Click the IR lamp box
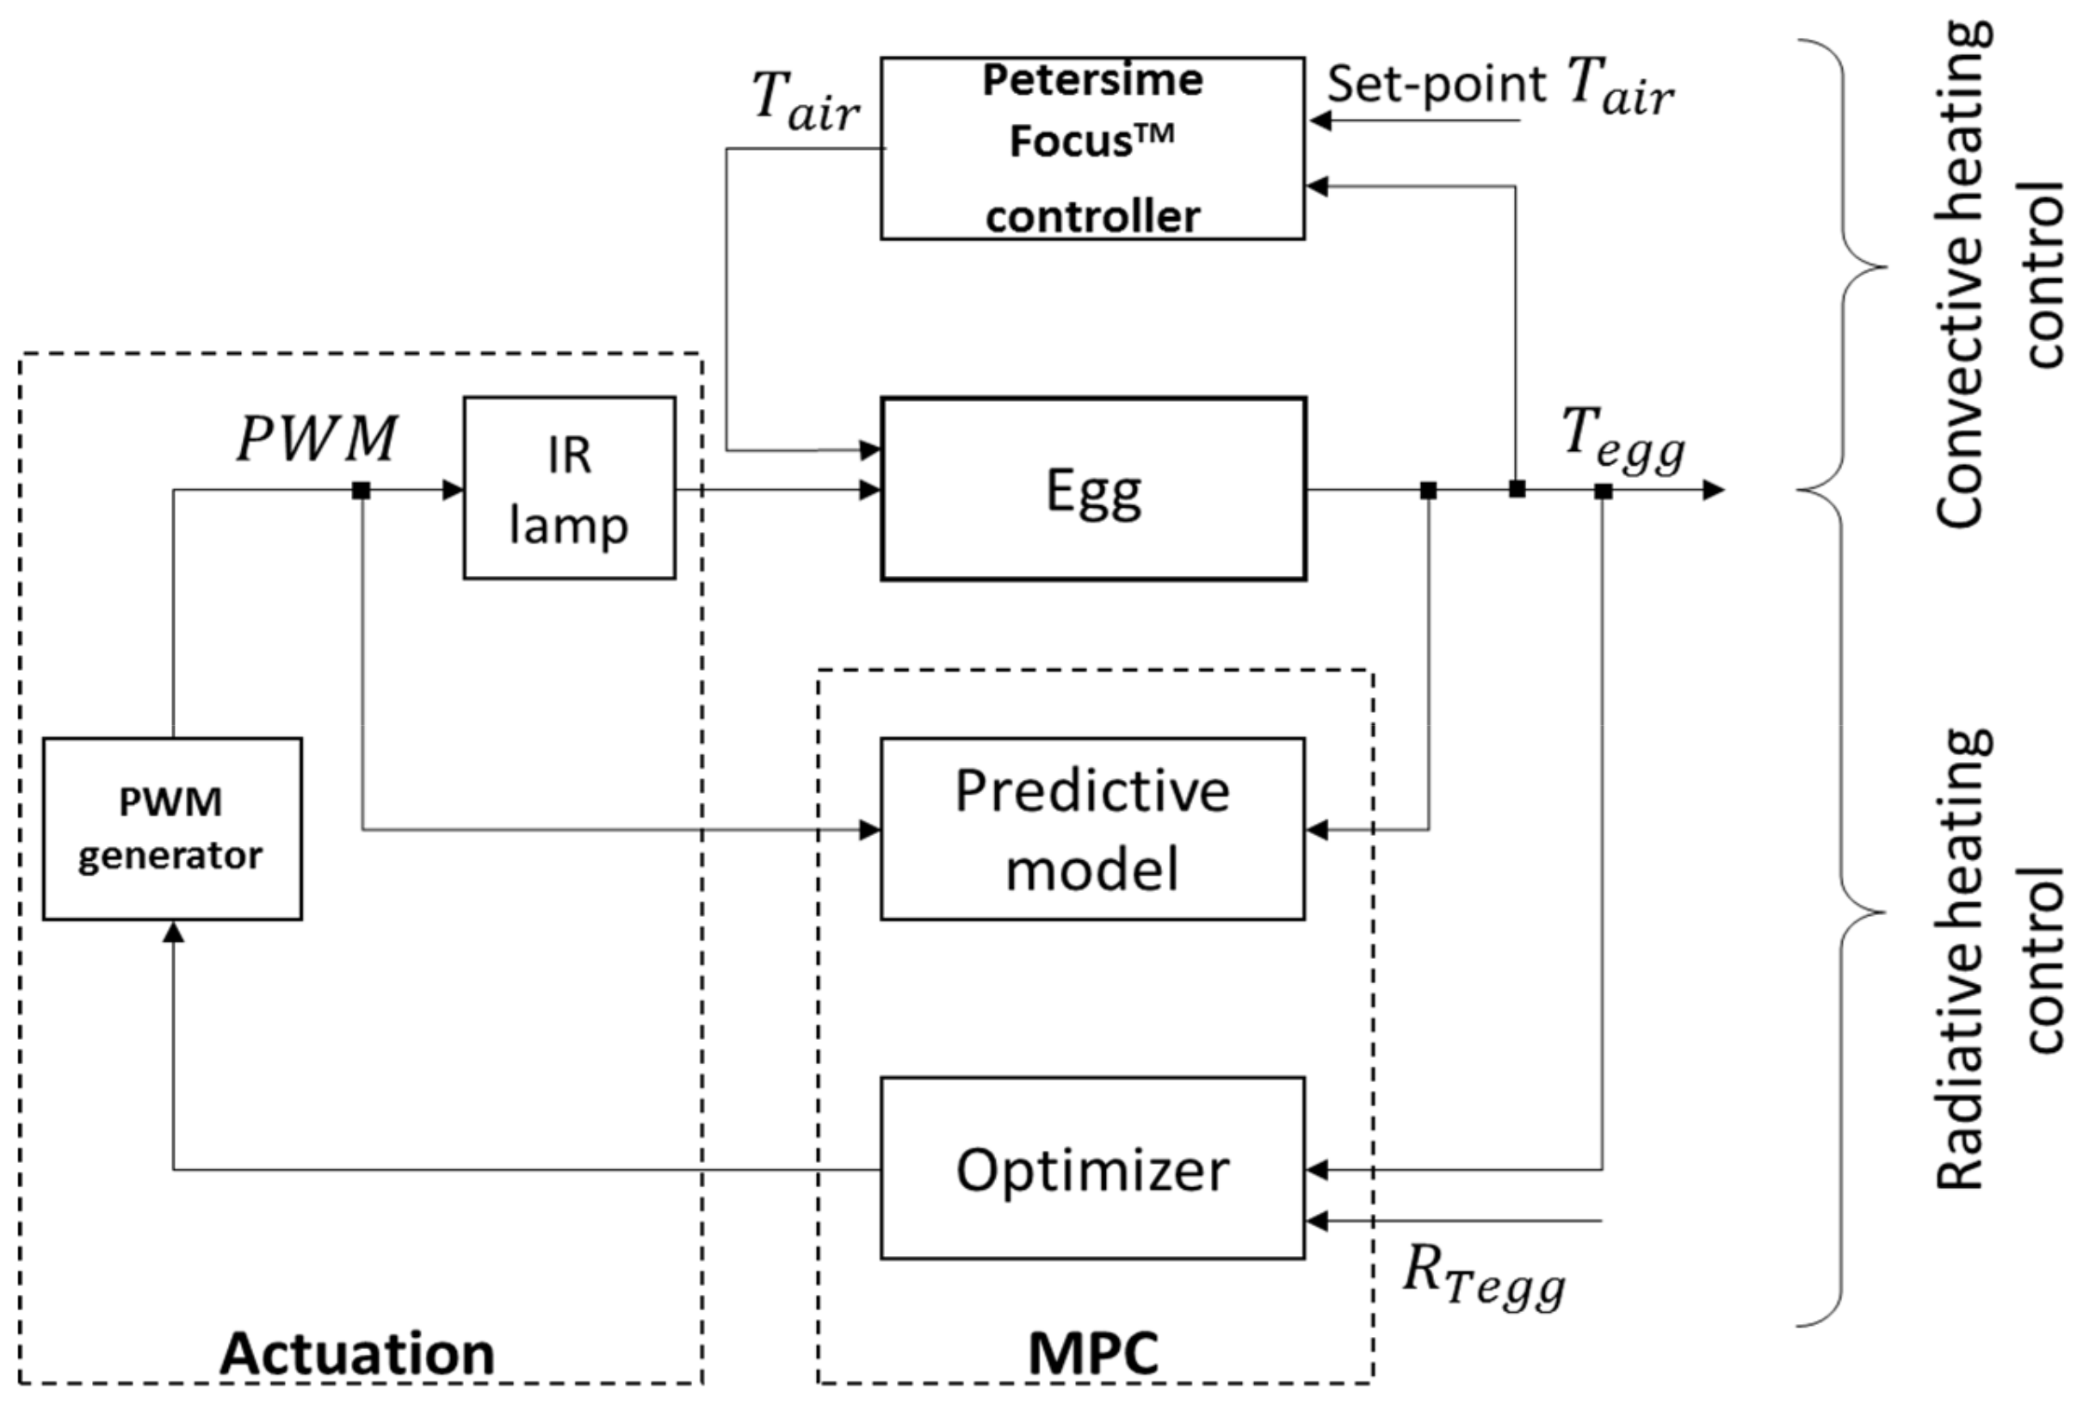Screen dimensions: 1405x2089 coord(569,488)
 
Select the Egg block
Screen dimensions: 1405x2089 coord(1093,489)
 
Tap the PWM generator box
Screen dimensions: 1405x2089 coord(172,829)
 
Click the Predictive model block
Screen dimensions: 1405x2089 coord(1092,829)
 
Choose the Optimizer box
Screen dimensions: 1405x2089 coord(1092,1168)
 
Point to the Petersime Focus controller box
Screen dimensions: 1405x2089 coord(1092,148)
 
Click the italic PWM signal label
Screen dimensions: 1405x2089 coord(317,439)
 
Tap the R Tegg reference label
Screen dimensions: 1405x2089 coord(1482,1276)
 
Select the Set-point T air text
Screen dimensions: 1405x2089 coord(1499,86)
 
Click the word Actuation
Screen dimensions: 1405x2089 coord(357,1353)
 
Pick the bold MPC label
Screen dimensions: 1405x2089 coord(1093,1353)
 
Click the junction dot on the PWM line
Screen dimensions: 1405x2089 coord(361,490)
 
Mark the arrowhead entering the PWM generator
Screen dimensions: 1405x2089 coord(174,932)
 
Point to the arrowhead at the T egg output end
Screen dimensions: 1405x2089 coord(1713,490)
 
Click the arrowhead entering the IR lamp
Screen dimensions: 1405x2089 coord(454,490)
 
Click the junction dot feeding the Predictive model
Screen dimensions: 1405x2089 coord(1429,490)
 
